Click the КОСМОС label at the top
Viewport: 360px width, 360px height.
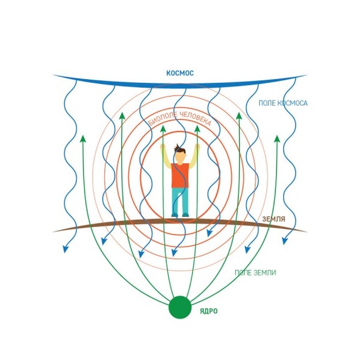pos(180,73)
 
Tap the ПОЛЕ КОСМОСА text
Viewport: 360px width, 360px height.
pos(283,103)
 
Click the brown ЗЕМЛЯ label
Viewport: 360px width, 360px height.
pos(274,219)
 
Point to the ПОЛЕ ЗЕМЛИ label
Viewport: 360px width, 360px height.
pos(255,273)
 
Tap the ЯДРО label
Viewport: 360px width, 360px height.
pos(209,311)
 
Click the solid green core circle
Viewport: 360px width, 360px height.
pos(180,307)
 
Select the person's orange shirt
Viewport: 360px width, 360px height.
pos(180,175)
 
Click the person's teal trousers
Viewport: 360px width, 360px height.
pos(180,202)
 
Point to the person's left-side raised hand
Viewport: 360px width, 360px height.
pos(163,147)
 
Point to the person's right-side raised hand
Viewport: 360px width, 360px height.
pos(197,147)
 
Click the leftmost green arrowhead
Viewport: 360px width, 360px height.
pos(83,139)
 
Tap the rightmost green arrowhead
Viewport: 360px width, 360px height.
pos(277,139)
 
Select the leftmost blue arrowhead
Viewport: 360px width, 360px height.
pos(66,249)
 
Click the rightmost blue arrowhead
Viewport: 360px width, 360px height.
pos(285,241)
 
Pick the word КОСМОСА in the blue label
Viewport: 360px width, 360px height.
pos(292,103)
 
